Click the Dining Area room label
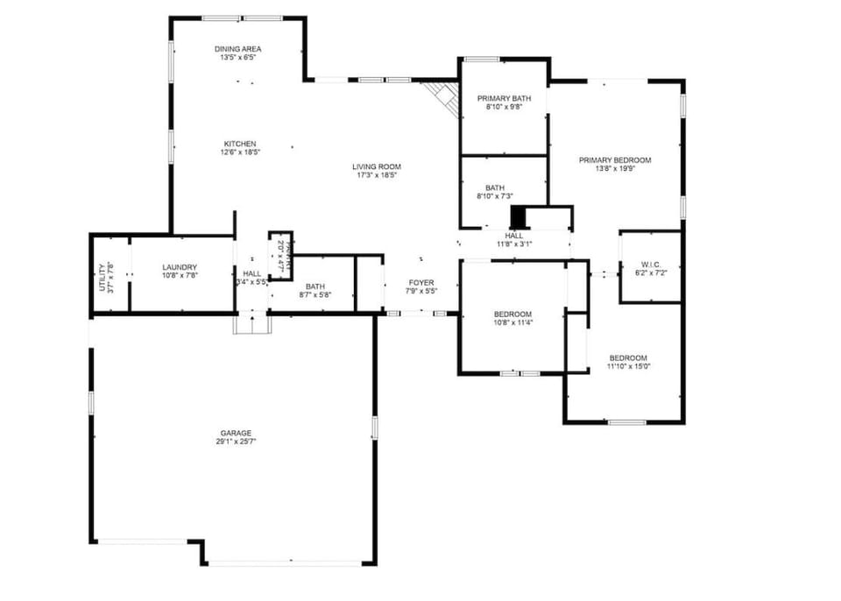tap(237, 49)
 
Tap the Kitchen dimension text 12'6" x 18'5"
tap(240, 152)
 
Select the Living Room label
tap(377, 166)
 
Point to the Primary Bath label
tap(504, 98)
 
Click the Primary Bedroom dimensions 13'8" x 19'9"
tap(615, 169)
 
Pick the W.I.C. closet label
tap(650, 264)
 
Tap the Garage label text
tap(236, 433)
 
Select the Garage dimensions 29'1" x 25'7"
tap(236, 442)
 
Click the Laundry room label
tap(180, 267)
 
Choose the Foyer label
tap(420, 282)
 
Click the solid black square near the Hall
tap(519, 216)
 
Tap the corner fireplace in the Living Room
tap(442, 98)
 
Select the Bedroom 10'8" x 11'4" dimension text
tap(512, 322)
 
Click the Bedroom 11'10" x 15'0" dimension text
tap(628, 366)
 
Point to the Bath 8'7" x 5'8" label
tap(314, 295)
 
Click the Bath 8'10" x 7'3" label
tap(495, 196)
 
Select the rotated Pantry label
tap(281, 253)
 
